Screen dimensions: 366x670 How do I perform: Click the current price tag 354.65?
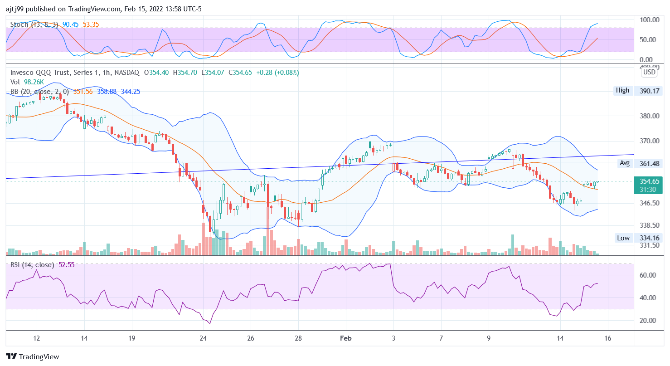(x=649, y=181)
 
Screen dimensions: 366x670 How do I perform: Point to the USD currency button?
(x=649, y=72)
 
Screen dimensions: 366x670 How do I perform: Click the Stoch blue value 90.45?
(x=71, y=24)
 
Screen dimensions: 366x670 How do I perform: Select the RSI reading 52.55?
(x=67, y=265)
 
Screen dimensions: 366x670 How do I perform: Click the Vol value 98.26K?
(x=34, y=82)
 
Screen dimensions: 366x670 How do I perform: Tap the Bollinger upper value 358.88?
(x=107, y=92)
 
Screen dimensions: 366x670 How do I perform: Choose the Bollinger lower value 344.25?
(x=131, y=92)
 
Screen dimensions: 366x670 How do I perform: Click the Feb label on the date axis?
(x=345, y=338)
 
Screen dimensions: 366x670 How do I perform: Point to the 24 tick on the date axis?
(x=203, y=338)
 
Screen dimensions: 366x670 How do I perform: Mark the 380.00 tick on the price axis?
(x=649, y=116)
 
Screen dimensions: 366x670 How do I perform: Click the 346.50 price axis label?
(x=649, y=203)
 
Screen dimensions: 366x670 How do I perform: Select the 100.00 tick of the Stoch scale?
(x=649, y=20)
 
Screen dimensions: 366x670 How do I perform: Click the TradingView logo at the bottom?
(x=33, y=357)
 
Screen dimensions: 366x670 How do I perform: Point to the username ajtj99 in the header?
(x=15, y=8)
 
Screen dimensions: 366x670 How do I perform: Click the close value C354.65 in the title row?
(x=241, y=73)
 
